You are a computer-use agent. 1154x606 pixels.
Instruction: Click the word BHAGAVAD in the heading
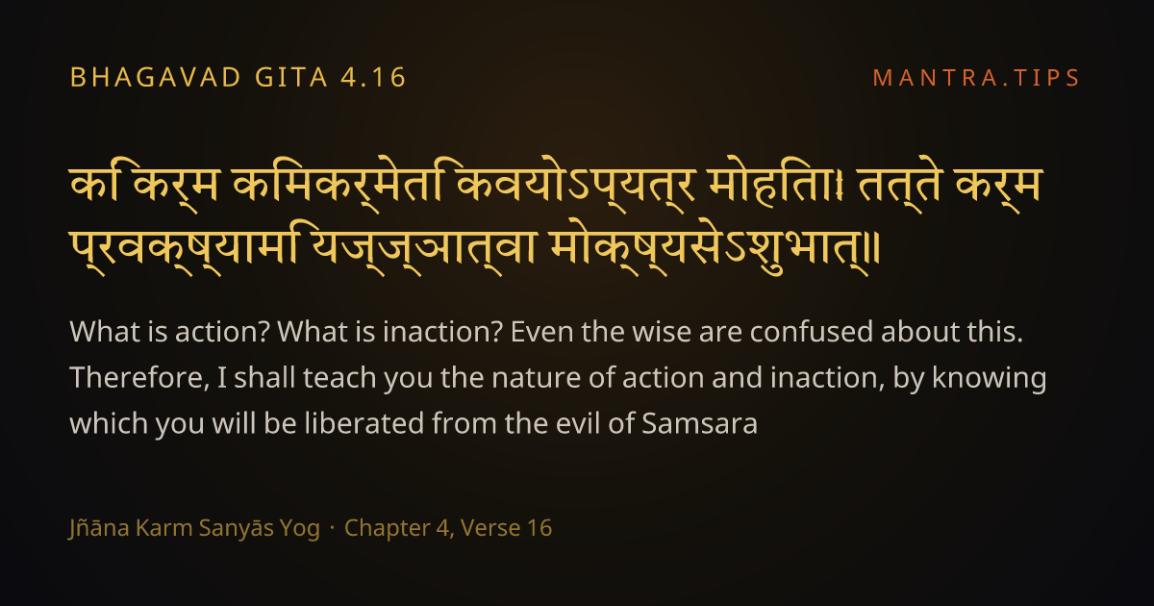pos(156,77)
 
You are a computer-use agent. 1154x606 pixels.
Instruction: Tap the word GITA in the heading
pos(291,77)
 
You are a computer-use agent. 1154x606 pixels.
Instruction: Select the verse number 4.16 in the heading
pos(374,77)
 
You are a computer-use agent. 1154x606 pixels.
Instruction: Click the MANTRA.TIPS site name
pos(976,78)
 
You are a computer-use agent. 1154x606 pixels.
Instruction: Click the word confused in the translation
pos(812,331)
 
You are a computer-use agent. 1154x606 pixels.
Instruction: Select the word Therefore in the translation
pos(139,378)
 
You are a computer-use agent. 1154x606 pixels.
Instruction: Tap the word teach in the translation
pos(340,378)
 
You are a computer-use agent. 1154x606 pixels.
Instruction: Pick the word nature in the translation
pos(536,379)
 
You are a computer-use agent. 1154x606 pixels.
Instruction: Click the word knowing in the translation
pos(990,379)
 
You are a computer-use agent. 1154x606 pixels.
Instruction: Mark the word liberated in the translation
pos(364,423)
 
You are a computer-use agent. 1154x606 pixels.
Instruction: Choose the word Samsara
pos(700,423)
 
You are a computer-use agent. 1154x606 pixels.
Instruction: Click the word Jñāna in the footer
pos(98,528)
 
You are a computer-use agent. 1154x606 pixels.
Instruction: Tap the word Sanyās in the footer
pos(236,528)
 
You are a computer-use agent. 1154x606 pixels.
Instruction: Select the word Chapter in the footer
pos(387,528)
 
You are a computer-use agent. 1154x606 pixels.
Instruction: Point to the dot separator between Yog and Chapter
pos(332,529)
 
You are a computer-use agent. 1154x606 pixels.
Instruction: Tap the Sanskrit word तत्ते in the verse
pos(901,186)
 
